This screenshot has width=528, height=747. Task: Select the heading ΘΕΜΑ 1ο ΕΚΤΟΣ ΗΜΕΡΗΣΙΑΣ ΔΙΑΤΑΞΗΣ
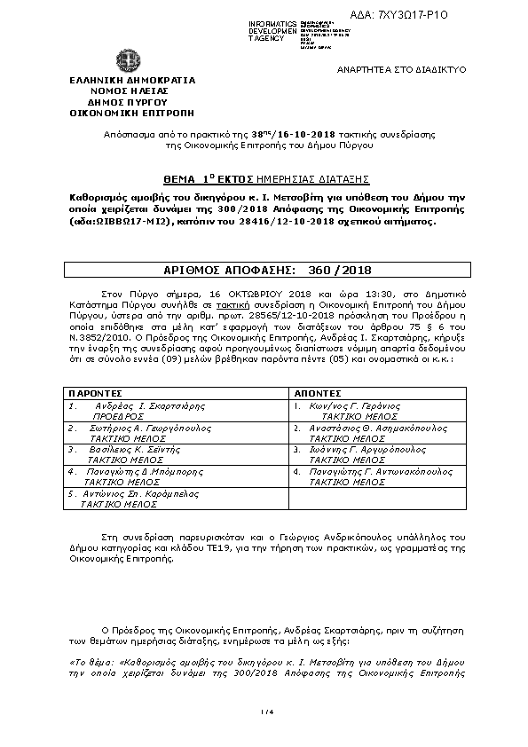pyautogui.click(x=234, y=177)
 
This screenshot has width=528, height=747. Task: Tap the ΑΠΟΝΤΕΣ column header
pyautogui.click(x=317, y=391)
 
